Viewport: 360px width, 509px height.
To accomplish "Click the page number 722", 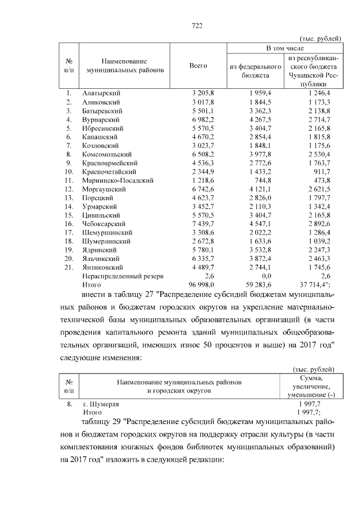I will point(197,26).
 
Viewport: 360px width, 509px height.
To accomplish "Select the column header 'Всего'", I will point(198,66).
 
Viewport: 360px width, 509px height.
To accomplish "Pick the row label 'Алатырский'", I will point(102,93).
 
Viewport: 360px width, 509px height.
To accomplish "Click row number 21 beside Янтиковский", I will point(68,267).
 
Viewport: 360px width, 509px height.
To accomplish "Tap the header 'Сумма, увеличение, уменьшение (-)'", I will point(311,388).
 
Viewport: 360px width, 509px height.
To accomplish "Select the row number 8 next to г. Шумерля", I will point(69,404).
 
